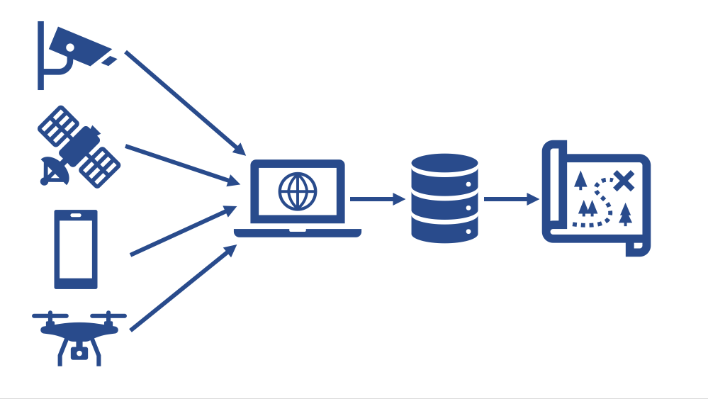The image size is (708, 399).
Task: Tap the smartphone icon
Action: [76, 249]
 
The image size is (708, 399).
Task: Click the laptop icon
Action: [298, 198]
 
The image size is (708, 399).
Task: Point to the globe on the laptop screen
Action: [298, 191]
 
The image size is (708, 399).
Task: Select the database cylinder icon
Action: [444, 198]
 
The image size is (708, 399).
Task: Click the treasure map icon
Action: [596, 198]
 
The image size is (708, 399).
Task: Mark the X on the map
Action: [624, 181]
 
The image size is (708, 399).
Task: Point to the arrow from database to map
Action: [511, 199]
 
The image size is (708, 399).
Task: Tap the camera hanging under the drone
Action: [79, 352]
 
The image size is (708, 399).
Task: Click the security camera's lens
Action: [70, 47]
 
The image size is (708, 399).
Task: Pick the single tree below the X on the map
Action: [625, 213]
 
